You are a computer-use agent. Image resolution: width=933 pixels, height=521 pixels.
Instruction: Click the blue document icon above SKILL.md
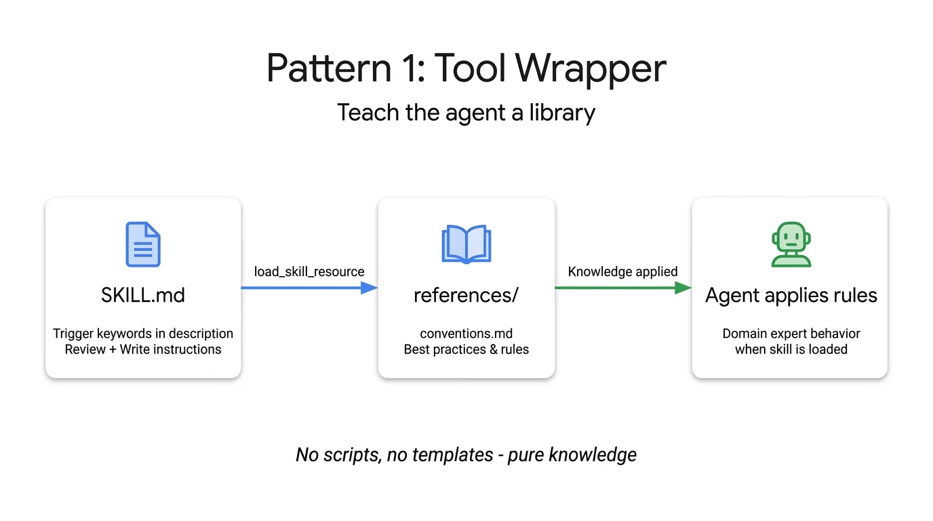click(143, 244)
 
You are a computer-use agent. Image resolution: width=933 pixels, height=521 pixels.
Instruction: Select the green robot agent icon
click(791, 244)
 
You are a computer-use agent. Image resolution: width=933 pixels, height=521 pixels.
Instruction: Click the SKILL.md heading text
click(143, 296)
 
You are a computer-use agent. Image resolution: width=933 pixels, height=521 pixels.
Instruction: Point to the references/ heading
click(466, 296)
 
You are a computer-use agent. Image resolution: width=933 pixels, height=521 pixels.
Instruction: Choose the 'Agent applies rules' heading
click(791, 296)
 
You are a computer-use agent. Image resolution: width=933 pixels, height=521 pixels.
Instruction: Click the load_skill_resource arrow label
click(309, 271)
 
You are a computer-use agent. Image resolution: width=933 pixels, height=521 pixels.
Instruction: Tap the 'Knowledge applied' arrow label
click(622, 271)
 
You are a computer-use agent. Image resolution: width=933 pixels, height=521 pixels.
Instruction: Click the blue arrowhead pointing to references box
click(368, 288)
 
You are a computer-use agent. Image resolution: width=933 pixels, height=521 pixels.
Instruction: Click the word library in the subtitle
click(562, 113)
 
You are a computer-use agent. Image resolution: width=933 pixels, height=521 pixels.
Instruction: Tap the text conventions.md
click(466, 334)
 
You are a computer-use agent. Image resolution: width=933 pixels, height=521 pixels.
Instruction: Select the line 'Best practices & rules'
click(466, 350)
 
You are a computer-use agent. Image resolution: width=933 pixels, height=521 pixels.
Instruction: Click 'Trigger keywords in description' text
click(143, 334)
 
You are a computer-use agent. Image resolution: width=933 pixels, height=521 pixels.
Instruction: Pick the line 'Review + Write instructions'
click(143, 350)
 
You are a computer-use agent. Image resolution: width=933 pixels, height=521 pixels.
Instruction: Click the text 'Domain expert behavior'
click(791, 334)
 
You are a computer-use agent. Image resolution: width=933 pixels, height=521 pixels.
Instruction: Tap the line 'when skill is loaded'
click(791, 350)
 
